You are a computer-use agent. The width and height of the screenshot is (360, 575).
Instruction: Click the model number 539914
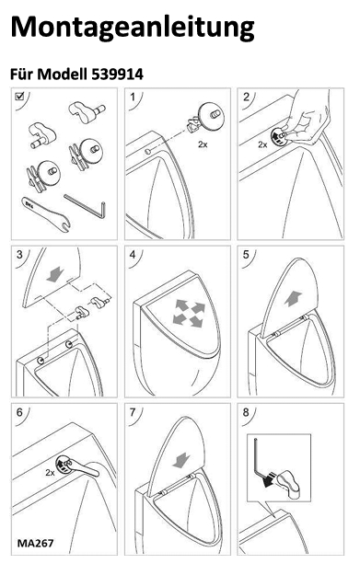point(117,75)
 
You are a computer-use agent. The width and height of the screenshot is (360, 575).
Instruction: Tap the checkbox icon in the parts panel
point(19,96)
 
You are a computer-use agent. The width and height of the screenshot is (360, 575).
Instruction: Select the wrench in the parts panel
point(46,213)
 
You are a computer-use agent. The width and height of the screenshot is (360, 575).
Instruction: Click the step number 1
point(133,97)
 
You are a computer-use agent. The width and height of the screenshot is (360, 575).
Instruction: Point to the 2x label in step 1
point(203,144)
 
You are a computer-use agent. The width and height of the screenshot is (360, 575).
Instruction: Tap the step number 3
point(20,255)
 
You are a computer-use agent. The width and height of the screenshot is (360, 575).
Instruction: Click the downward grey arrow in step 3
point(55,275)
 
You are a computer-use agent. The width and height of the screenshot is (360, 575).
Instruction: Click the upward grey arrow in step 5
point(293,298)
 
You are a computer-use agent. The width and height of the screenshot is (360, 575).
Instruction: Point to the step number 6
point(20,412)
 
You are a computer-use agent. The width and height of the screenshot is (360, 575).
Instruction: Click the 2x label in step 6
point(50,473)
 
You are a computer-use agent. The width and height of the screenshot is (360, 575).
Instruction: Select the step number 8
point(246,412)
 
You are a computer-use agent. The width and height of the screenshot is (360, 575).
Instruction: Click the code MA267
point(35,543)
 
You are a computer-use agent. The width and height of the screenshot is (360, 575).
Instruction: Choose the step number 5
point(246,255)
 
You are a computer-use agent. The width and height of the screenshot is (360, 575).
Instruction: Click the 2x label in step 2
point(262,144)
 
